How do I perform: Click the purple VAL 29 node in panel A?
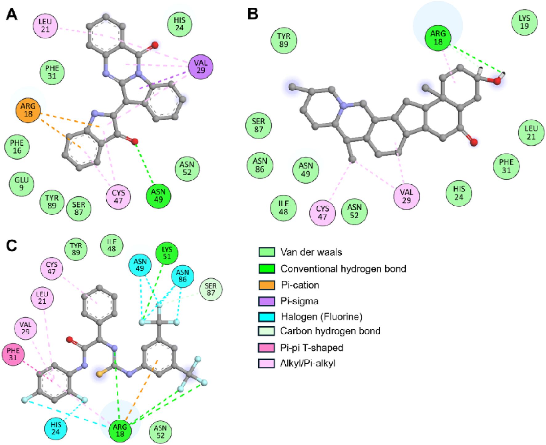pos(201,67)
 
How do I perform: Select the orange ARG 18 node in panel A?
pos(28,110)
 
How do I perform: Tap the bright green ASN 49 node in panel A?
pos(158,196)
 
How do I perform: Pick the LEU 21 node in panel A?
pos(45,26)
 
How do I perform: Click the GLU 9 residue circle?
pos(21,184)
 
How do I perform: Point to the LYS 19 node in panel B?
pos(524,22)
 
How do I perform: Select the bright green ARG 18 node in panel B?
pos(438,38)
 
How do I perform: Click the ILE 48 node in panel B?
pos(283,208)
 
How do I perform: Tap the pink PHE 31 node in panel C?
pos(13,354)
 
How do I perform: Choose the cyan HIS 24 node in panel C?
pos(56,428)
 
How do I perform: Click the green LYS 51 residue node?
pos(167,253)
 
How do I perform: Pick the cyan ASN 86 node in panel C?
pos(182,276)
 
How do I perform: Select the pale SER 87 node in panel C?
pos(211,289)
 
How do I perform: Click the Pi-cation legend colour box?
pos(267,285)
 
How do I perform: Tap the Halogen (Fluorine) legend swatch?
pos(267,317)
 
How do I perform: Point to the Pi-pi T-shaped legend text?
pos(312,348)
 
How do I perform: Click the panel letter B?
pos(253,14)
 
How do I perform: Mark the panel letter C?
pos(12,245)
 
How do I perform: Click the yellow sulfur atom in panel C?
pos(99,374)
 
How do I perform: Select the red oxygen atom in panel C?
pos(70,340)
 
